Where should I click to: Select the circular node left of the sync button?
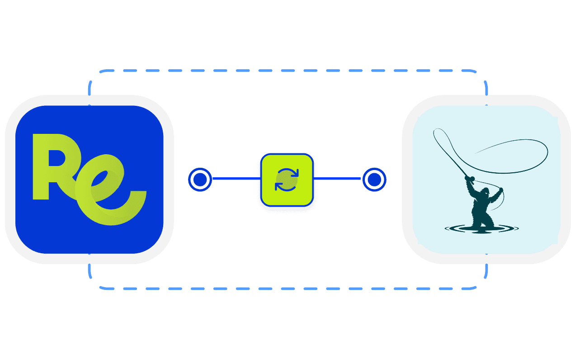[x=199, y=180]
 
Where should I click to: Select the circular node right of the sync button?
[x=374, y=180]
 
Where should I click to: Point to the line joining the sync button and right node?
[x=337, y=179]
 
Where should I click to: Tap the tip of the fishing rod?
[x=434, y=131]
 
